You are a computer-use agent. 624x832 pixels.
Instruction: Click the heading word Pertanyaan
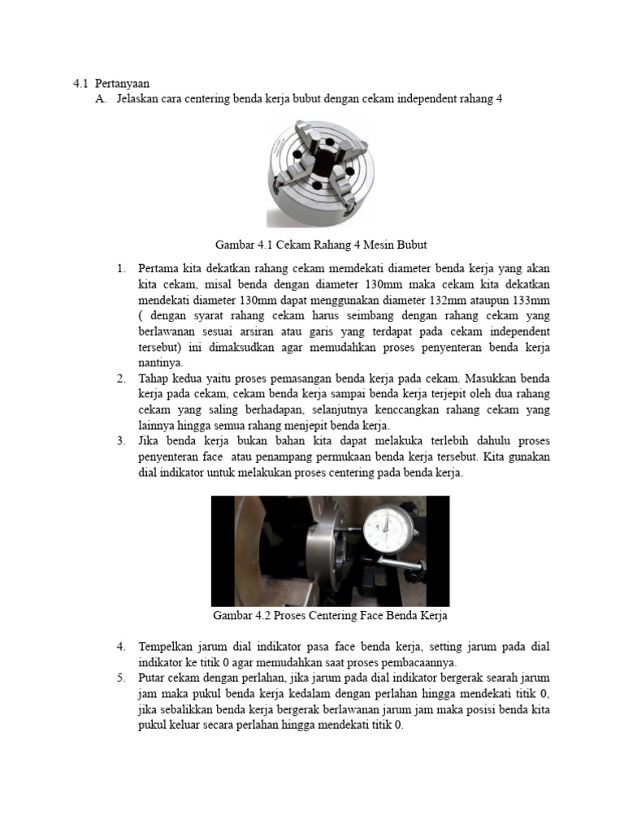point(121,83)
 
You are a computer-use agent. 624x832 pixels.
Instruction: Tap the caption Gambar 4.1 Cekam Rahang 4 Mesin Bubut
point(321,244)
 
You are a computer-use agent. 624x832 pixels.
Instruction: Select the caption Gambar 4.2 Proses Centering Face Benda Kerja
point(330,616)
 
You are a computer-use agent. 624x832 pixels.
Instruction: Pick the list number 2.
point(120,378)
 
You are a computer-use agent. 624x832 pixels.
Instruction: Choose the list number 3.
point(120,440)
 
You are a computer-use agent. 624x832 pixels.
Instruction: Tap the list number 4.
point(120,647)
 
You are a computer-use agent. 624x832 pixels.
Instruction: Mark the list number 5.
point(120,678)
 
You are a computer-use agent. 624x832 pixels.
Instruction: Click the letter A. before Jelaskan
point(101,99)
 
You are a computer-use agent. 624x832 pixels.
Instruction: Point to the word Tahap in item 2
point(154,378)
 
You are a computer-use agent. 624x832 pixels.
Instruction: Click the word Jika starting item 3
point(149,440)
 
